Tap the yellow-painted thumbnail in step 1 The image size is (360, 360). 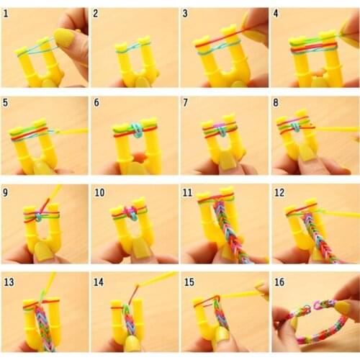coord(66,37)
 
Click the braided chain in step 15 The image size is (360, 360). coord(220,314)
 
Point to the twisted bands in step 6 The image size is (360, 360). coord(136,130)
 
